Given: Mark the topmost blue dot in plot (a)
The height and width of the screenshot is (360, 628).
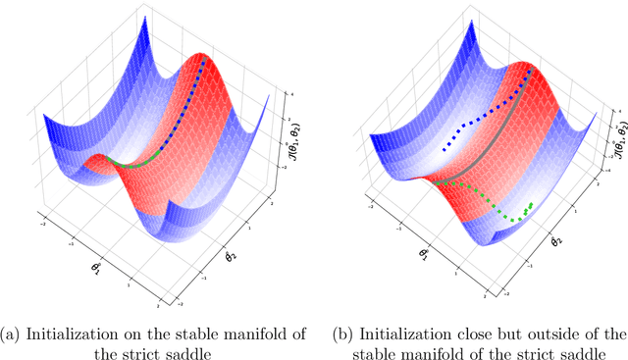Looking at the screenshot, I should pyautogui.click(x=204, y=61).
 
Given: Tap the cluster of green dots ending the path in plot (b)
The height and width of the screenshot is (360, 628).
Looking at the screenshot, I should pyautogui.click(x=527, y=208).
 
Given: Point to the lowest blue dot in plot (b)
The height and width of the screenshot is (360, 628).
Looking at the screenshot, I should pyautogui.click(x=445, y=151).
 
